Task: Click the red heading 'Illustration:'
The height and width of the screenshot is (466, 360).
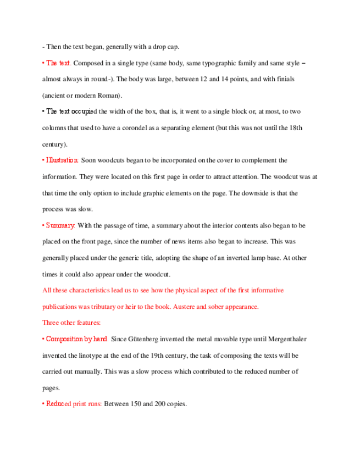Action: point(60,160)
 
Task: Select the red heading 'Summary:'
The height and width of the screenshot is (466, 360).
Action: point(59,225)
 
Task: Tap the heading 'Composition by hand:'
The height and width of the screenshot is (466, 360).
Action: point(77,339)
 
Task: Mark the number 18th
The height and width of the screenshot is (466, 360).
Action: point(295,128)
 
